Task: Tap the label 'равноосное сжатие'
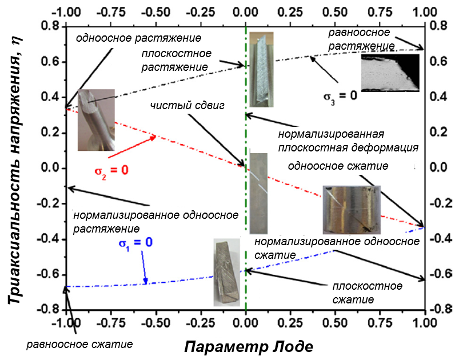(80, 344)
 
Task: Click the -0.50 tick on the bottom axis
(156, 322)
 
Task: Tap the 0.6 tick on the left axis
(50, 62)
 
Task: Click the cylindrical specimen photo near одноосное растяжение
(96, 120)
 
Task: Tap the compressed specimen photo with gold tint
(350, 210)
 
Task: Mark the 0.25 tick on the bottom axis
(290, 322)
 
